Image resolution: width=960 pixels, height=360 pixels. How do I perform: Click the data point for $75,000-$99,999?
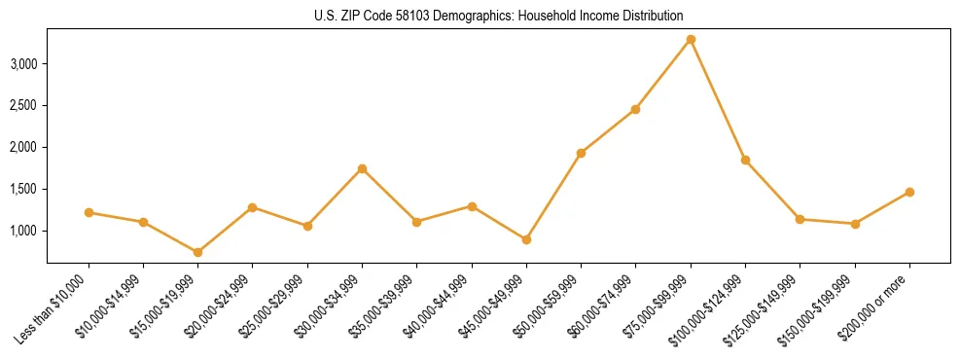pos(691,39)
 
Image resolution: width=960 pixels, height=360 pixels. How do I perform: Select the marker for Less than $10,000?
pos(89,212)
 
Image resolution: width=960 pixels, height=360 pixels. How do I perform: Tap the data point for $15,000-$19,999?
pos(198,252)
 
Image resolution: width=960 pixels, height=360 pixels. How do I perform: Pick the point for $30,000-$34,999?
pos(362,168)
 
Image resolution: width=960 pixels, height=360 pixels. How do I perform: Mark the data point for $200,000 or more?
pos(909,192)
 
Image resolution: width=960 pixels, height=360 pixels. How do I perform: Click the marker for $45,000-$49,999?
pos(526,239)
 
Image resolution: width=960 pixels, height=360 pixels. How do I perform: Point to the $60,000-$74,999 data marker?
pos(635,109)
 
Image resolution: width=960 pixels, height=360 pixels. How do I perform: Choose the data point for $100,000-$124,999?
pos(745,160)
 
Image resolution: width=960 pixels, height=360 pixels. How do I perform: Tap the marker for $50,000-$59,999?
pos(581,153)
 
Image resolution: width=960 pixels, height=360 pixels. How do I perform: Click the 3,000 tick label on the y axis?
pos(23,64)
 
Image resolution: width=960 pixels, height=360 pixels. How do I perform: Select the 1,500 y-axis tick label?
pos(23,189)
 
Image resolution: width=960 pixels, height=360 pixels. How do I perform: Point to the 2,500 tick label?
pos(23,106)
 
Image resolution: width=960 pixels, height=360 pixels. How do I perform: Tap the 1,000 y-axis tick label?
pos(23,231)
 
